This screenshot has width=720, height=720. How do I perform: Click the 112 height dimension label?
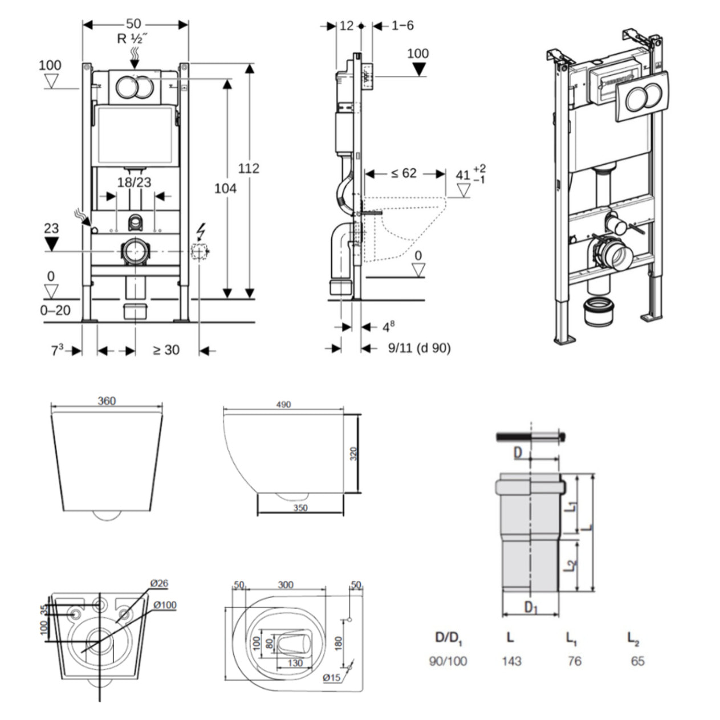point(249,168)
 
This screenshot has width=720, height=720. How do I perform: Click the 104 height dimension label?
point(225,188)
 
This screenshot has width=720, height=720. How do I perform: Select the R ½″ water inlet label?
point(133,39)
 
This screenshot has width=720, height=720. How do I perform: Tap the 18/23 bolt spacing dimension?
point(134,182)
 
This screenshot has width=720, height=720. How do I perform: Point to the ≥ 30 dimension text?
point(166,350)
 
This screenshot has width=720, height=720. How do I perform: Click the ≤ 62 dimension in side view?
point(404,173)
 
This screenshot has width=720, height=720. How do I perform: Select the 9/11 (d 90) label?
point(419,348)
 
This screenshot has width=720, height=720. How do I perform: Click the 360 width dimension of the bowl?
point(107,401)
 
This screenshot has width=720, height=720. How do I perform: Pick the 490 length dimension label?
point(283,404)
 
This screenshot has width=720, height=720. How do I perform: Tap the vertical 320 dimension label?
point(353,454)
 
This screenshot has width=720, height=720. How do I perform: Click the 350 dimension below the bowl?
point(300,508)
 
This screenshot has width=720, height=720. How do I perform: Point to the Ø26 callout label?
point(159,583)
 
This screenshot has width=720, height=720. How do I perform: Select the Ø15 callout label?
point(331,677)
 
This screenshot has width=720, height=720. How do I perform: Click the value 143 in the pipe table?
point(511,661)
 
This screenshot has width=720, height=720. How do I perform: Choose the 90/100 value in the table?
point(448,661)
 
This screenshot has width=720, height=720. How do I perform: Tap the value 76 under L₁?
point(574,661)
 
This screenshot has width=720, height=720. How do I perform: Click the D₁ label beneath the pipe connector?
point(531,608)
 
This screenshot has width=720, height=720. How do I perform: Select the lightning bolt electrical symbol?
point(201,231)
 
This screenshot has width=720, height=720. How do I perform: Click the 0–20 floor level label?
point(55,310)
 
